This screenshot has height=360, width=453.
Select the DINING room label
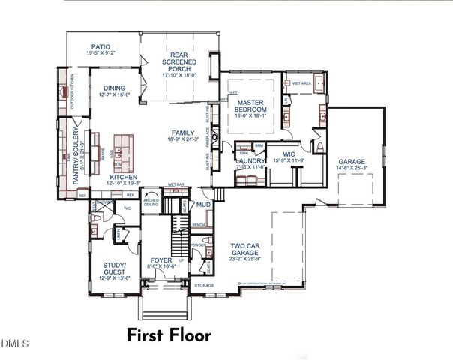(115, 88)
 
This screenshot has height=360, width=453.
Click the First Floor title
(169, 335)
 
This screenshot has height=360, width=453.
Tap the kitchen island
(121, 153)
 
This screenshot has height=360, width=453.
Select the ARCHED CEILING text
(151, 202)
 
